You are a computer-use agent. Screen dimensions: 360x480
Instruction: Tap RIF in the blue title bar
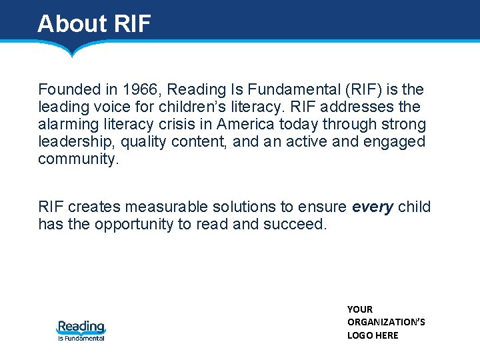(133, 23)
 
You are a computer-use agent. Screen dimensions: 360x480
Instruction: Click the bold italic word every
(373, 207)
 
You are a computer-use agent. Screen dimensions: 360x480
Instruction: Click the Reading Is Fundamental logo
(81, 330)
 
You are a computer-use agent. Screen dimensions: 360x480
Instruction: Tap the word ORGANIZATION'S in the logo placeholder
(386, 322)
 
